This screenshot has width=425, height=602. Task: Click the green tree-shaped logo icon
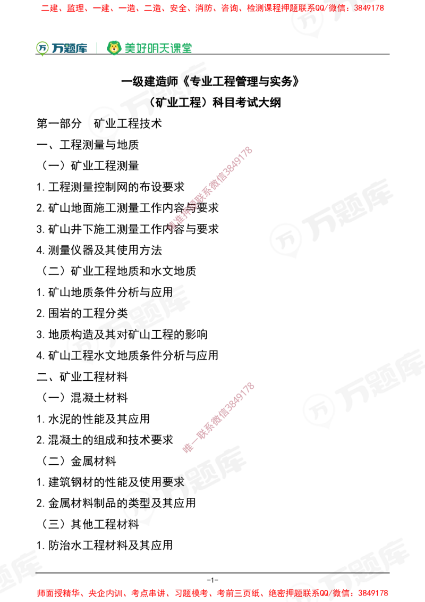coord(41,48)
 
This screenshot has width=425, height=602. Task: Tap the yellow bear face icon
coord(114,48)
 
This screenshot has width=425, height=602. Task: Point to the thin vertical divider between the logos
coord(96,47)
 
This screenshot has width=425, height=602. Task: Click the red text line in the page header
coord(212,8)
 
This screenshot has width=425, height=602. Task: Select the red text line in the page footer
coord(212,592)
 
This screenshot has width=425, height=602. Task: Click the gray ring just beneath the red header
coord(308,20)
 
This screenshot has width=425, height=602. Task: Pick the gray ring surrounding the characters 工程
coord(83,346)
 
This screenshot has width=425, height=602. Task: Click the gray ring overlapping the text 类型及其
coord(138,506)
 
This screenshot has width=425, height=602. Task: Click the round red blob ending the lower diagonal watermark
coord(187,448)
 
